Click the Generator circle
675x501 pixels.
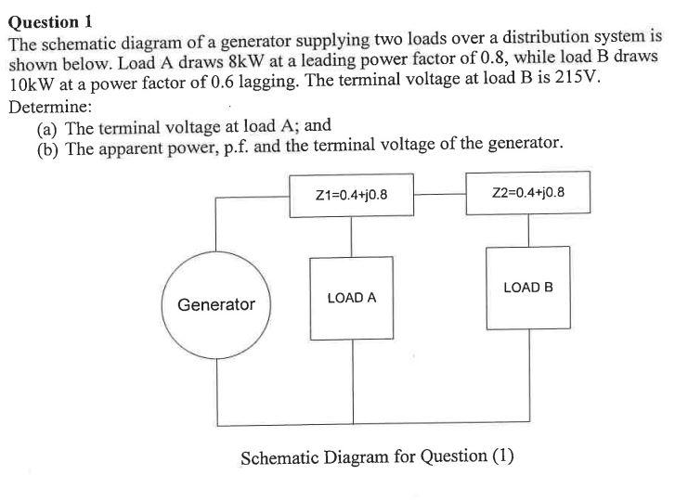216,304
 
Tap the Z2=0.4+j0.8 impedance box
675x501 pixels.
529,194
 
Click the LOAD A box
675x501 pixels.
351,298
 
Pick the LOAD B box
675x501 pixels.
528,288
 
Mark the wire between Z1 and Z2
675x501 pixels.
440,195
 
